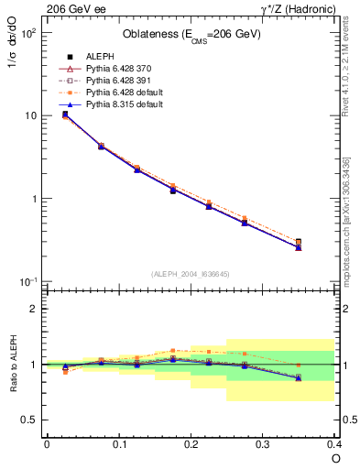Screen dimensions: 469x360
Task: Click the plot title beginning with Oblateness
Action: point(191,35)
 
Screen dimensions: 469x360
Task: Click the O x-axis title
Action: point(335,458)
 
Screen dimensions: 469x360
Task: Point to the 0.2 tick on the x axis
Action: point(191,443)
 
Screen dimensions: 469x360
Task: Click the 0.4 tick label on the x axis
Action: point(333,443)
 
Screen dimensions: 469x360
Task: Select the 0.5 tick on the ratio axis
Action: point(33,420)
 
